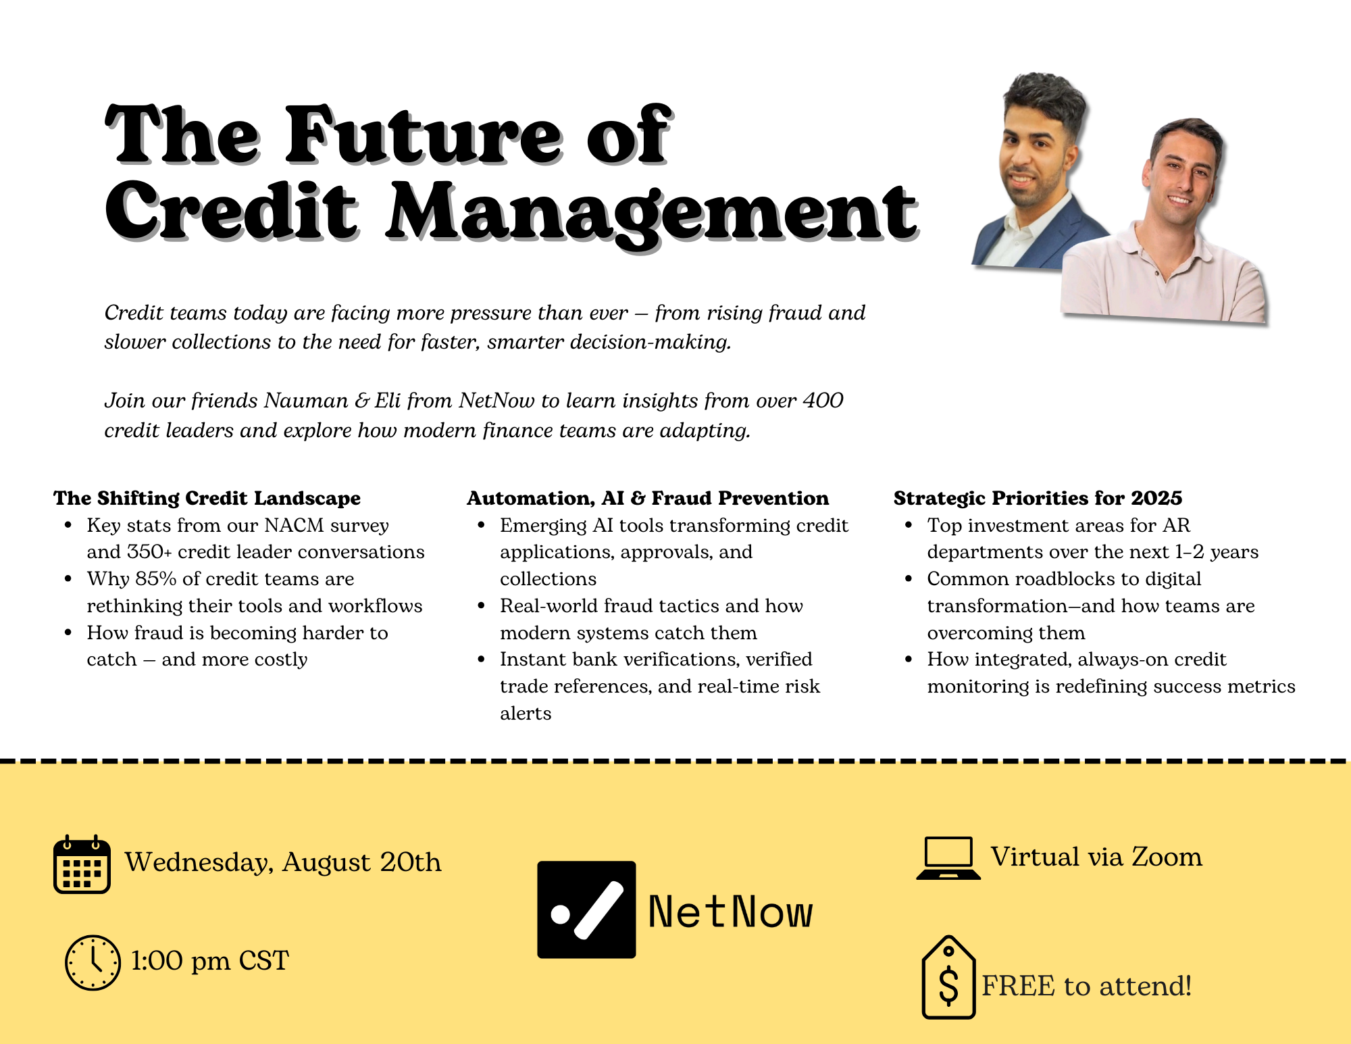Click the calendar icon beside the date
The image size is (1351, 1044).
pos(82,864)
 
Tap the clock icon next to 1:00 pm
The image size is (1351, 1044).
pos(93,963)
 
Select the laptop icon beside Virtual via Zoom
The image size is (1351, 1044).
pos(948,858)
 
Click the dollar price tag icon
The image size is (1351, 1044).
pos(948,977)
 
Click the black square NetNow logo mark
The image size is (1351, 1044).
pos(586,910)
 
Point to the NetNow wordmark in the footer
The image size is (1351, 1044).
pos(730,912)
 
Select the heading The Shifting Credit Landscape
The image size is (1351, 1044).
pos(207,498)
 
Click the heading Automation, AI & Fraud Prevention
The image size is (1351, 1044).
pos(648,498)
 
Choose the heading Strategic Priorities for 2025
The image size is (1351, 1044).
pos(1038,498)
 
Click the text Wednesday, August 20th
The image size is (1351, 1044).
pos(283,863)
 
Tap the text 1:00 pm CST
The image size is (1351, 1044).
pos(209,961)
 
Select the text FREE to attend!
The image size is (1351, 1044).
pos(1086,986)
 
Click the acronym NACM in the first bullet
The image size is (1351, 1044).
pos(295,526)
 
